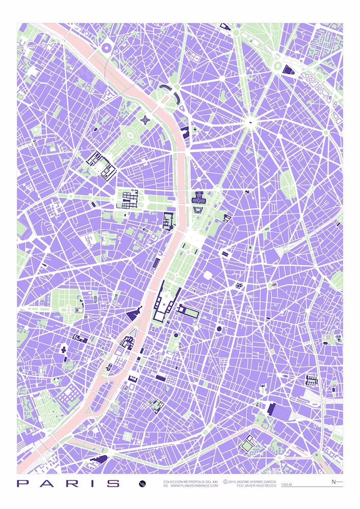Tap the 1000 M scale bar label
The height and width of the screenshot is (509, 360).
(x=286, y=485)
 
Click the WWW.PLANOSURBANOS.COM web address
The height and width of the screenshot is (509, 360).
(x=194, y=486)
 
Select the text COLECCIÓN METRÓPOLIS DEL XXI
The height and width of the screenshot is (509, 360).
(x=190, y=481)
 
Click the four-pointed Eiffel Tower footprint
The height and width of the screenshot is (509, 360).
(x=146, y=121)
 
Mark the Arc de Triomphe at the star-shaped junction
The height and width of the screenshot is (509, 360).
(x=251, y=122)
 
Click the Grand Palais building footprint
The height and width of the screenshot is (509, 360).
(x=199, y=197)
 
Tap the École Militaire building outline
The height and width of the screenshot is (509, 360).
(x=101, y=166)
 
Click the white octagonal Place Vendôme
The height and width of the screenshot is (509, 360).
(x=207, y=275)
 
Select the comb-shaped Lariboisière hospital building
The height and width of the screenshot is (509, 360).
(x=311, y=380)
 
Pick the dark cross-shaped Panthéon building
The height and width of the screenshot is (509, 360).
(x=63, y=349)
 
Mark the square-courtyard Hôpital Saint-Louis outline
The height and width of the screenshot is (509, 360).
(x=247, y=445)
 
